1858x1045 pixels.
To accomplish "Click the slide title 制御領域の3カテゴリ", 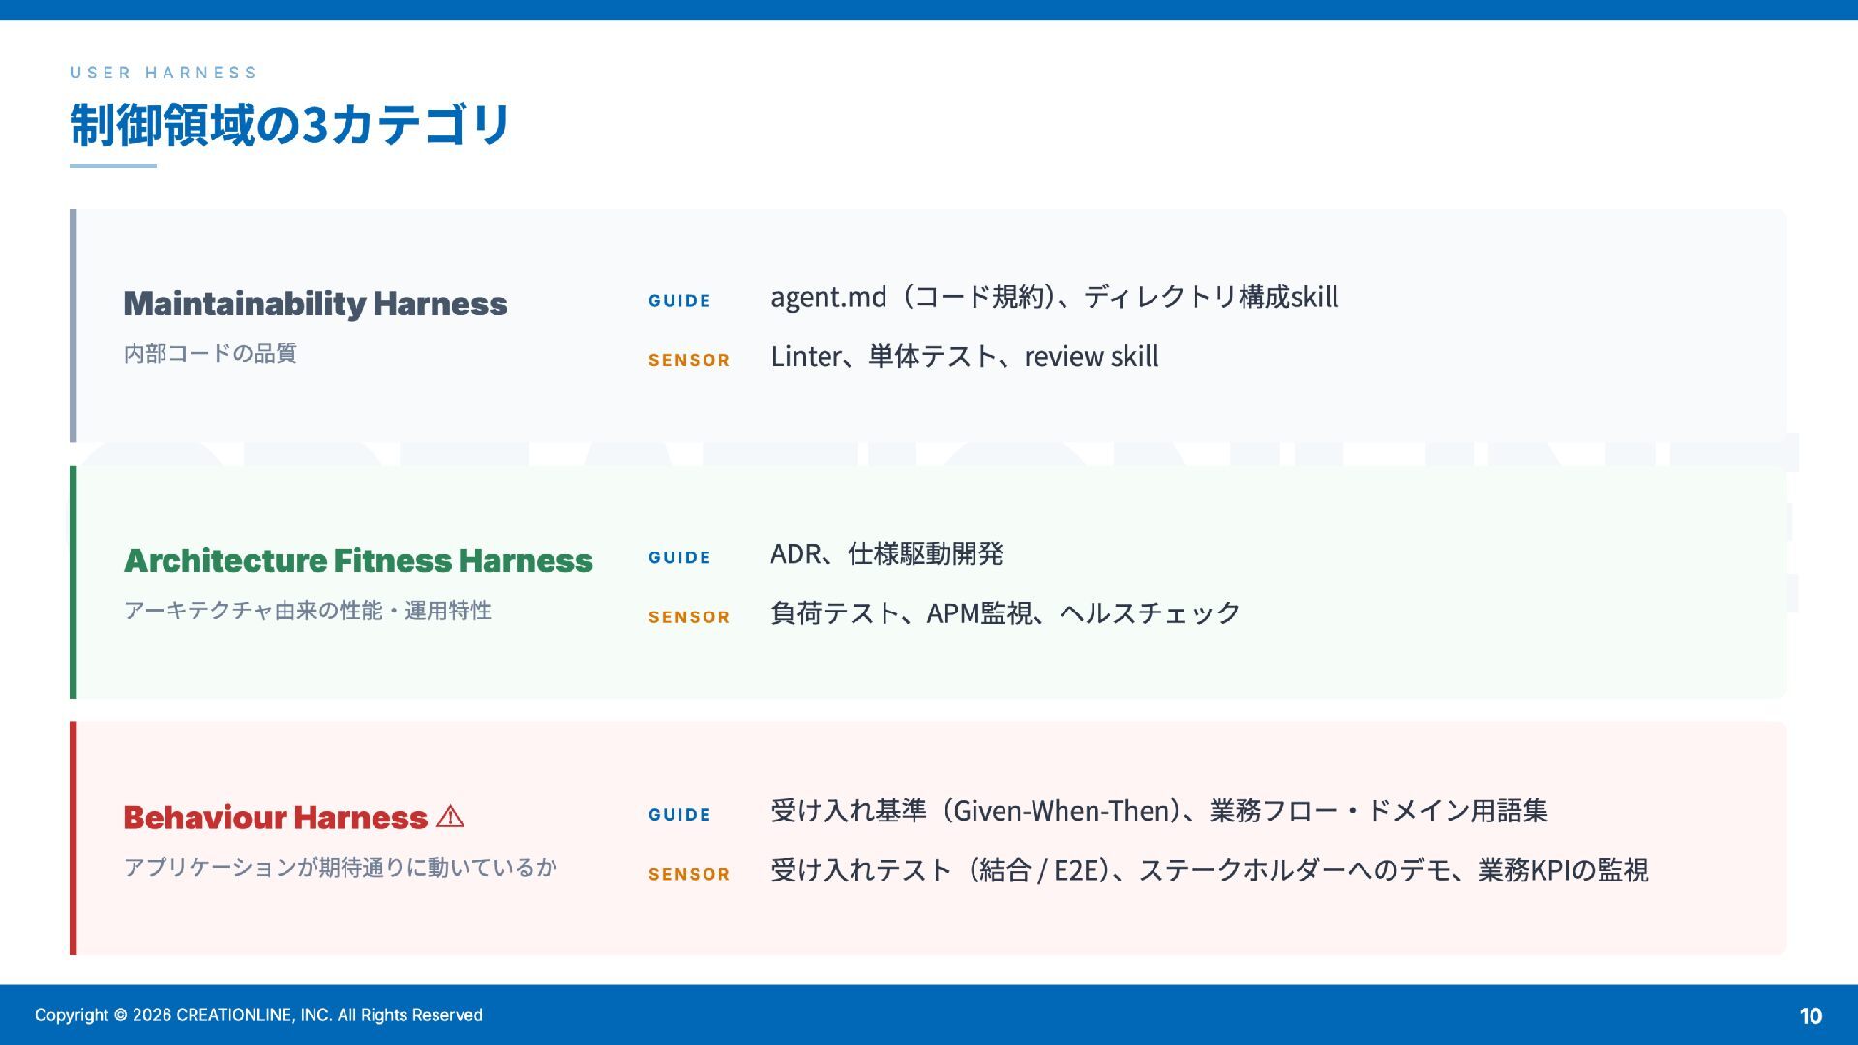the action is tap(289, 125).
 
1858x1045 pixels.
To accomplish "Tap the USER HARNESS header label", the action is tap(164, 73).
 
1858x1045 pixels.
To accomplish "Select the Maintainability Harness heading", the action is tap(315, 304).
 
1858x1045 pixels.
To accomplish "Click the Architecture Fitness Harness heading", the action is tap(358, 560).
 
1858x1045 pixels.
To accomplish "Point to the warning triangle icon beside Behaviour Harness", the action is tap(450, 817).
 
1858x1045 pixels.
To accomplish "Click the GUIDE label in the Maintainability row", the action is tap(679, 301).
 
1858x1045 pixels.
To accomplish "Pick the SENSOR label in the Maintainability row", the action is tap(689, 360).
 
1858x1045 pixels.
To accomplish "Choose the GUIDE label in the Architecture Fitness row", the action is tap(679, 557).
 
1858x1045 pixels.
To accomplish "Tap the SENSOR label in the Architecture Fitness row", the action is tap(689, 617).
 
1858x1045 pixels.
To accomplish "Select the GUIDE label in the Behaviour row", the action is tap(679, 815).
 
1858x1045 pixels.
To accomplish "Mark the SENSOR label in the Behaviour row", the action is tap(689, 874).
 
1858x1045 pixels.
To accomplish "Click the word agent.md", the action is tap(828, 297).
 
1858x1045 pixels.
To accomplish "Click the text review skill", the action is tap(1092, 356).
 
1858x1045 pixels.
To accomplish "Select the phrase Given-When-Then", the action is tap(1062, 810).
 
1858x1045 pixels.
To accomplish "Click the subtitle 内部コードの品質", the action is tap(210, 353).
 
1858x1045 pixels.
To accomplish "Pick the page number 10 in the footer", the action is tap(1811, 1016).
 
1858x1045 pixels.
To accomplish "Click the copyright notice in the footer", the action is tap(258, 1015).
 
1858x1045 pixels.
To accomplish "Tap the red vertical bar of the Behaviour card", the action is tap(73, 838).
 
